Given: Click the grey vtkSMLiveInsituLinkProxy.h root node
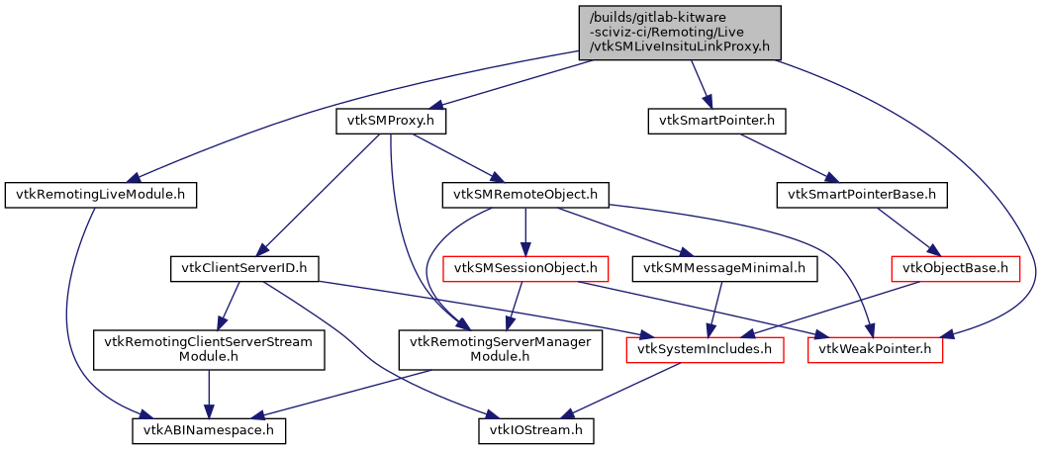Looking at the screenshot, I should tap(680, 33).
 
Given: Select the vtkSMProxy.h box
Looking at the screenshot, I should tap(391, 121).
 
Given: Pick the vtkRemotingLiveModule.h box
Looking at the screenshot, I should tap(100, 195).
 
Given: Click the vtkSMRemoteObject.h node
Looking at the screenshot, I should tap(524, 195).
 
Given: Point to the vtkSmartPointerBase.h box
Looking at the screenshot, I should tap(861, 195).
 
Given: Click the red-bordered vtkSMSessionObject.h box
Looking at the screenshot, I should tap(524, 267).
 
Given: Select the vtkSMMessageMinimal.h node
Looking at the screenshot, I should tap(725, 267).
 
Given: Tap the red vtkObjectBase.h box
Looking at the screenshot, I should tap(956, 267).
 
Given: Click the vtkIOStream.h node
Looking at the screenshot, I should tap(538, 431).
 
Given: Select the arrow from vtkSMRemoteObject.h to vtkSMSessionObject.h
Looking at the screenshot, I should tap(524, 230).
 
